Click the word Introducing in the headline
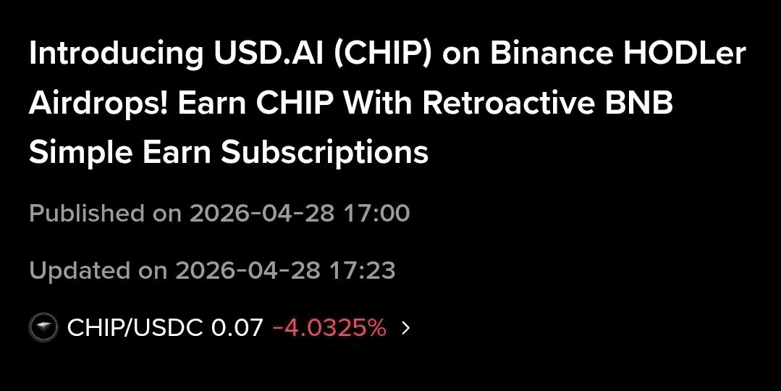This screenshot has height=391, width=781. [100, 54]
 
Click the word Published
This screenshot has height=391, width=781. [87, 214]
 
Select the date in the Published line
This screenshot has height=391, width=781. [261, 214]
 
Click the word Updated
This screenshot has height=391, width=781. [80, 270]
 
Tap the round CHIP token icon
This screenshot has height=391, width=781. [43, 328]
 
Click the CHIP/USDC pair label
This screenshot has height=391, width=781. [135, 328]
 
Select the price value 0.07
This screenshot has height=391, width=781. [237, 328]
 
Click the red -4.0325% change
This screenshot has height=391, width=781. [329, 328]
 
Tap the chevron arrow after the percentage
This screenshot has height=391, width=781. [405, 328]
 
